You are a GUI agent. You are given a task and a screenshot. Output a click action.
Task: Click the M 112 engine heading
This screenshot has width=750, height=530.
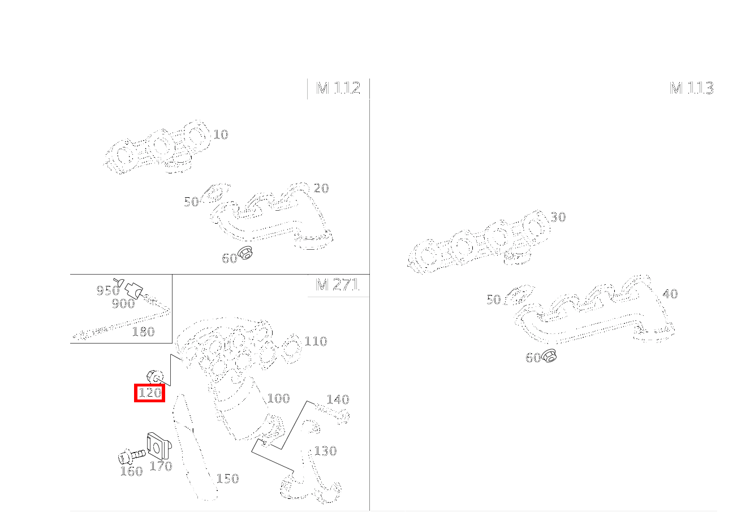[338, 88]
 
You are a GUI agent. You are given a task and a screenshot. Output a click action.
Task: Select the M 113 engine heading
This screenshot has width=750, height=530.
[691, 88]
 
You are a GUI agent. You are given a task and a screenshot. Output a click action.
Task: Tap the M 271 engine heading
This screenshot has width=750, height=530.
[338, 285]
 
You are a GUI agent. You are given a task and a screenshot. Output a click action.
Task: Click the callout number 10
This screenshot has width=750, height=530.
[221, 134]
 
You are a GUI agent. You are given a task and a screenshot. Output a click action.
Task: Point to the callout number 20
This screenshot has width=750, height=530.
[321, 188]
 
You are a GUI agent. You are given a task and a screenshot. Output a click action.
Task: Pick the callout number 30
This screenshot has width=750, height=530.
[558, 218]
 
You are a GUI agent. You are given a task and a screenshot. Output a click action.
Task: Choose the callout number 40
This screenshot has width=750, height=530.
[670, 294]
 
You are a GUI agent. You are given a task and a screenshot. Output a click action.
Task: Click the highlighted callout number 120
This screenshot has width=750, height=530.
[150, 393]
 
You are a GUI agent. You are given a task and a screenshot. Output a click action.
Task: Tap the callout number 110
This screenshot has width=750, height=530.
[316, 341]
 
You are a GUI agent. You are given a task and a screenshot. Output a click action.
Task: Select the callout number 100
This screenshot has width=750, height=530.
[279, 398]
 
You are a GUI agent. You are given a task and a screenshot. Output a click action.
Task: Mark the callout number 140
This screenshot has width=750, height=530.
[338, 399]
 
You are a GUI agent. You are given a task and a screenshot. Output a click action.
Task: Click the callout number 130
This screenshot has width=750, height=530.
[325, 451]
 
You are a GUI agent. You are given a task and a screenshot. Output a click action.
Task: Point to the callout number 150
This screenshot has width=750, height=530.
[228, 479]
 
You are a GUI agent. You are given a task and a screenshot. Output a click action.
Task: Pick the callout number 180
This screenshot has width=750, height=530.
[143, 332]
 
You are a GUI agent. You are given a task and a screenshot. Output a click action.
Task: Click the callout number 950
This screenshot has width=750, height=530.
[108, 290]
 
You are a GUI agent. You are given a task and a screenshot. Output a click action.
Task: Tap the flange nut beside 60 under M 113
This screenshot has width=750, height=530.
[549, 355]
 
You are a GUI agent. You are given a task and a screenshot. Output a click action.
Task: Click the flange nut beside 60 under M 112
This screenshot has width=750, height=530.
[245, 253]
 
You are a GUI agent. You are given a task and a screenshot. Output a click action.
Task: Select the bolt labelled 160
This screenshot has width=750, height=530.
[132, 456]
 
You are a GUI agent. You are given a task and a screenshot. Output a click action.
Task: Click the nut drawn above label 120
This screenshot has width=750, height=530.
[155, 377]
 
